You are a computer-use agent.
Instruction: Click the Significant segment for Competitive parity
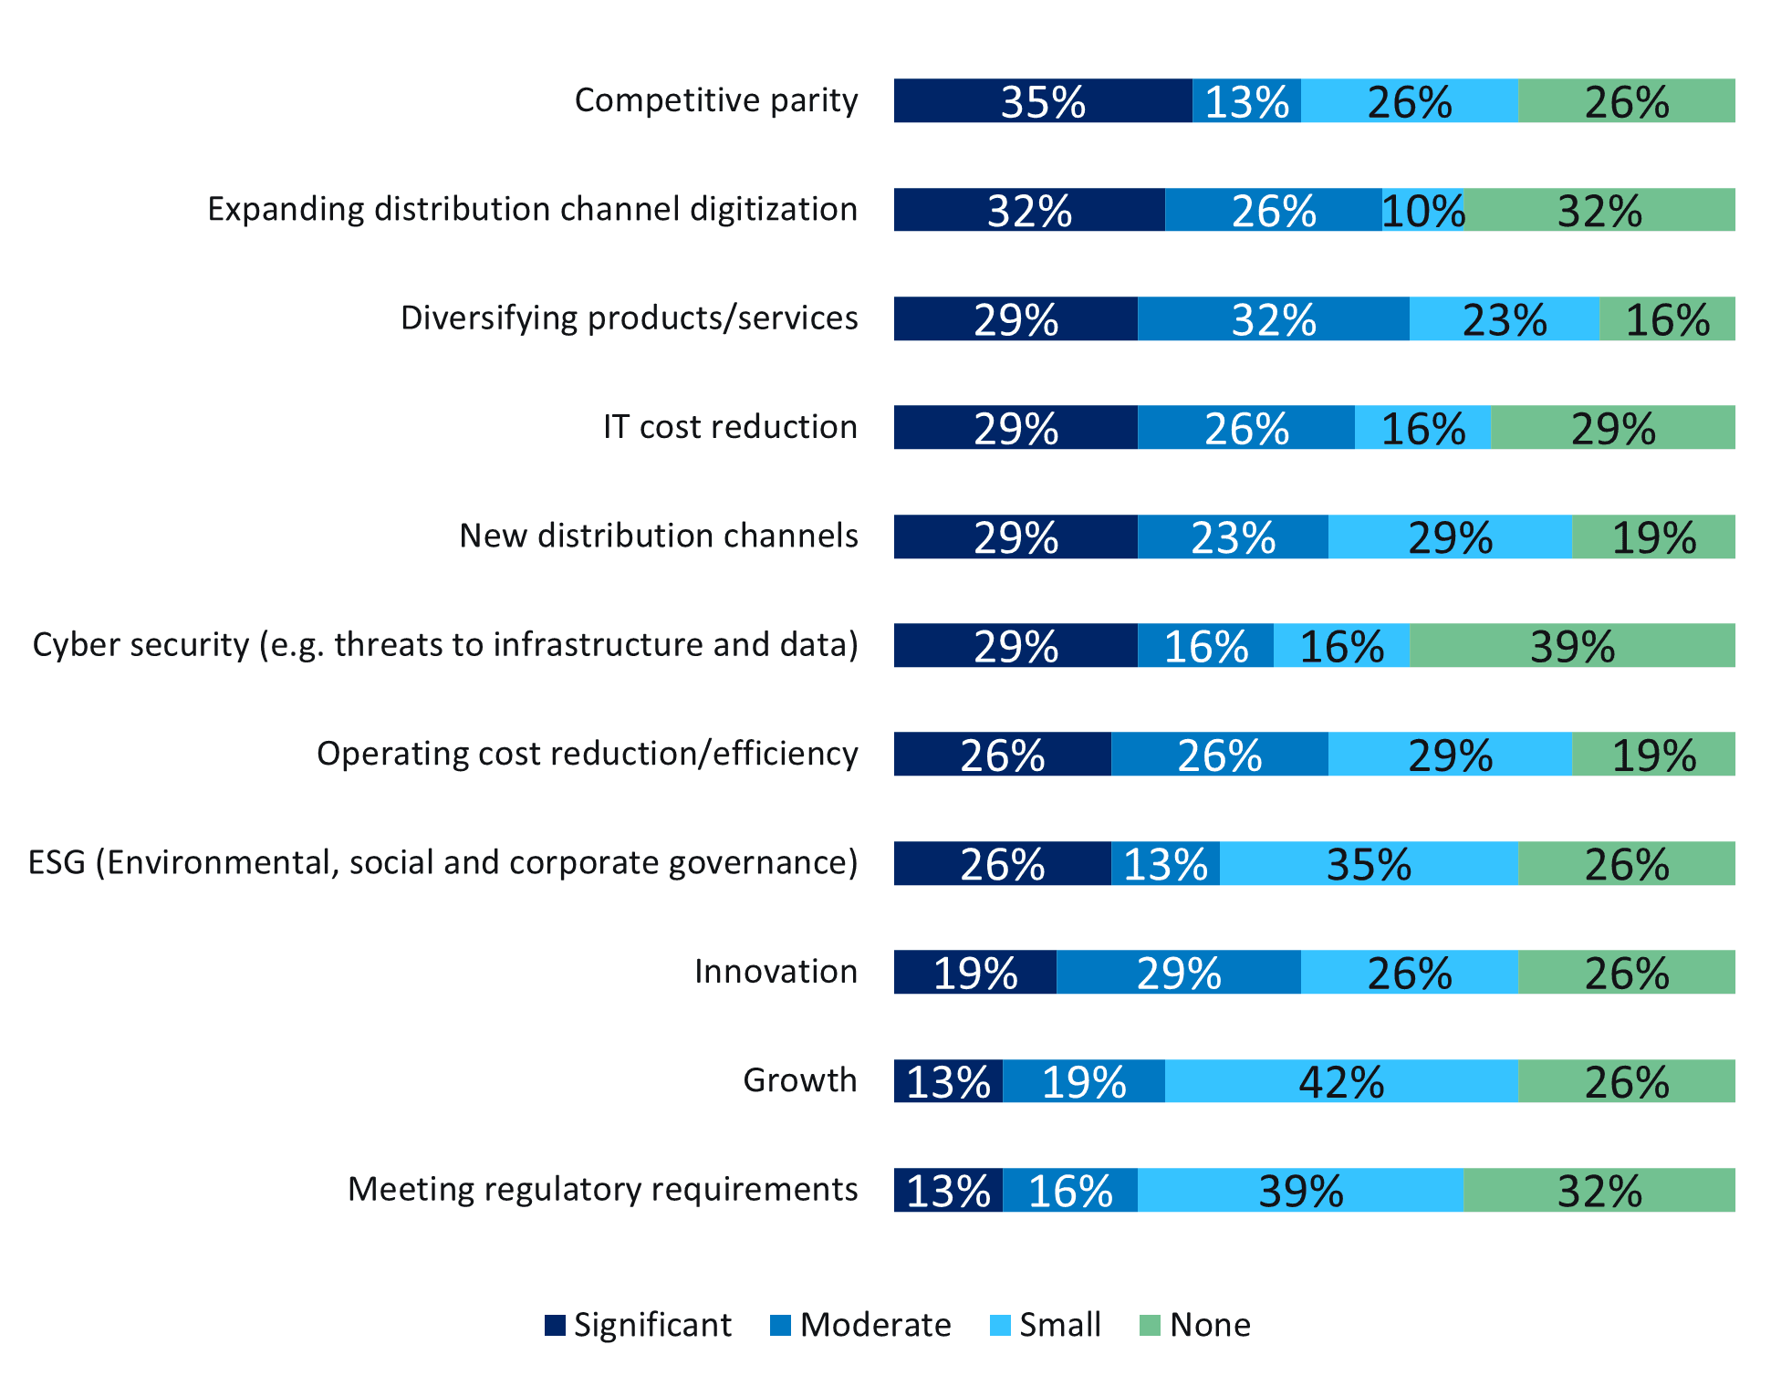[1043, 100]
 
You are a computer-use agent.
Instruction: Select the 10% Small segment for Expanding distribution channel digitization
[1422, 210]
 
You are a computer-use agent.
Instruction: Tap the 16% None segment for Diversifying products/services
[1667, 318]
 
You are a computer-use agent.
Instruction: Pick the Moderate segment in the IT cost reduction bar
[1246, 427]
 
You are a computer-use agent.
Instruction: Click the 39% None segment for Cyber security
[1572, 645]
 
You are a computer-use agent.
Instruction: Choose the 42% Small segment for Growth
[1341, 1081]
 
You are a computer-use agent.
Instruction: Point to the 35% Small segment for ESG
[1369, 863]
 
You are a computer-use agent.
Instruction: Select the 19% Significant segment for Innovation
[974, 972]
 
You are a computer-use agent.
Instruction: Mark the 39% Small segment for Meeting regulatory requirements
[1300, 1190]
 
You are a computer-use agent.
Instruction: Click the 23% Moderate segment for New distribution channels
[1233, 537]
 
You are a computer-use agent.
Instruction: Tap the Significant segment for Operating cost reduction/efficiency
[1002, 755]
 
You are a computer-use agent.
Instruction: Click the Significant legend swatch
[555, 1326]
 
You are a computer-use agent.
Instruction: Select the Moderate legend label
[875, 1325]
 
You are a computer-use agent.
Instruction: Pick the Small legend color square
[1000, 1326]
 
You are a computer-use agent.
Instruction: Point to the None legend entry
[1210, 1325]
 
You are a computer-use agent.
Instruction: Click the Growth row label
[800, 1080]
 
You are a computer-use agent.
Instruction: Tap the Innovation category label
[776, 972]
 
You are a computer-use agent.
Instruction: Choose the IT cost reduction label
[730, 427]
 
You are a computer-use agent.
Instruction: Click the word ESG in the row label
[57, 862]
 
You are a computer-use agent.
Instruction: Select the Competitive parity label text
[716, 100]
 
